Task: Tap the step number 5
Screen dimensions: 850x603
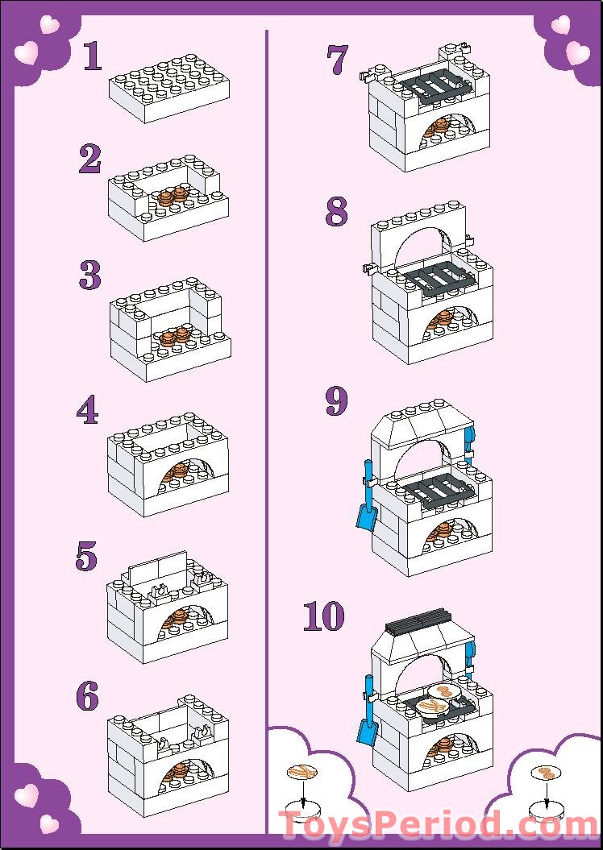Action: pos(86,557)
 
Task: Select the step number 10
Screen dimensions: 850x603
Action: pos(324,616)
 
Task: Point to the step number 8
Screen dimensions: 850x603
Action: pos(337,212)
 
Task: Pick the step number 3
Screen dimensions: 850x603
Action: pos(90,276)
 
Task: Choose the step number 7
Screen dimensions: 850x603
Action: pos(337,61)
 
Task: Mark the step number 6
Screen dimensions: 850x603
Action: pos(87,696)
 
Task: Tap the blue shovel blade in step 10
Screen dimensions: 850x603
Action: pos(367,732)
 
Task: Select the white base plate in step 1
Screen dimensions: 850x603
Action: pos(168,89)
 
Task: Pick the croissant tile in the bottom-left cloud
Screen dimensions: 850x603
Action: pos(302,772)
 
